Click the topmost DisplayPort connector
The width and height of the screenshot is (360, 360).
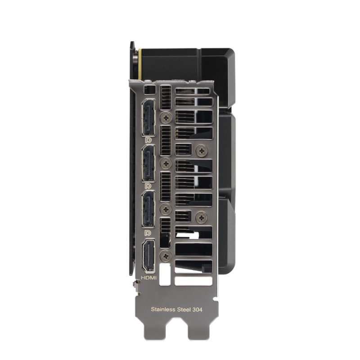point(148,118)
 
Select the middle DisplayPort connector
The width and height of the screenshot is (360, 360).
point(148,163)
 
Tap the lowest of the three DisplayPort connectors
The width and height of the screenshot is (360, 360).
point(148,209)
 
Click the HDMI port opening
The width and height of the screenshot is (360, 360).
point(148,256)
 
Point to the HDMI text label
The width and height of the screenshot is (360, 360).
point(148,278)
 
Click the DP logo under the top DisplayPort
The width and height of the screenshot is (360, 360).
point(148,140)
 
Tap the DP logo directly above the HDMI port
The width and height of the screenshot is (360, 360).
point(148,233)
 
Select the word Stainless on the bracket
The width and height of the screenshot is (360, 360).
point(163,309)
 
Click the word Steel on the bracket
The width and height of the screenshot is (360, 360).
point(184,309)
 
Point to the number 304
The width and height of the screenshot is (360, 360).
point(198,310)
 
